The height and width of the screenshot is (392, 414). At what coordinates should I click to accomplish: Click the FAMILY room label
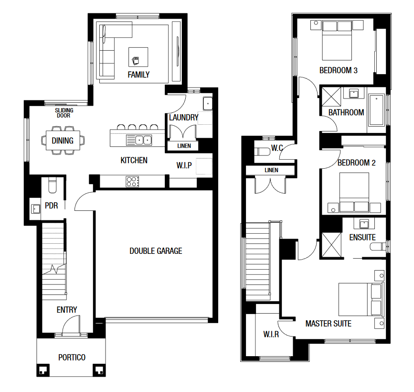[x=138, y=75]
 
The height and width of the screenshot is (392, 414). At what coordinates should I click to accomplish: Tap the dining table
[x=63, y=141]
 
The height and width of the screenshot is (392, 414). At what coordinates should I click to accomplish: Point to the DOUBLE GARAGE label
[x=156, y=251]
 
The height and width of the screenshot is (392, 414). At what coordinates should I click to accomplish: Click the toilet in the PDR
[x=52, y=185]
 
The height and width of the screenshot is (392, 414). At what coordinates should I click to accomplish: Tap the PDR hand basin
[x=35, y=209]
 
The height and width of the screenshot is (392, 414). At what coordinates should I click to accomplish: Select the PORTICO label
[x=72, y=358]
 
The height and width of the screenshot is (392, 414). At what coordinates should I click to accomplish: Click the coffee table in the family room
[x=138, y=57]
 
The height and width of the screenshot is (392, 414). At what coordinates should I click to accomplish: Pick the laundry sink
[x=208, y=103]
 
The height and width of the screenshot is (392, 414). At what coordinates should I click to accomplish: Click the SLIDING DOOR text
[x=64, y=113]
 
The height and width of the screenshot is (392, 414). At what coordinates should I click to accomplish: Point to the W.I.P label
[x=184, y=165]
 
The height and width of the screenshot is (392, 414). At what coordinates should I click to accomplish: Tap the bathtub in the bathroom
[x=376, y=109]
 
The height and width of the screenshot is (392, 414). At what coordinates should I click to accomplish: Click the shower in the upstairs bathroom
[x=331, y=97]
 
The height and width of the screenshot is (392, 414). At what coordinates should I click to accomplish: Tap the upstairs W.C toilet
[x=262, y=152]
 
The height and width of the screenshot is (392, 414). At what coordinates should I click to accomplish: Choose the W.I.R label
[x=271, y=334]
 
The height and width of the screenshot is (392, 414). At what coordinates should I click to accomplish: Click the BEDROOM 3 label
[x=339, y=70]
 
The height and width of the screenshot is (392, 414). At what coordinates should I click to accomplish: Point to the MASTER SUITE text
[x=329, y=324]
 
